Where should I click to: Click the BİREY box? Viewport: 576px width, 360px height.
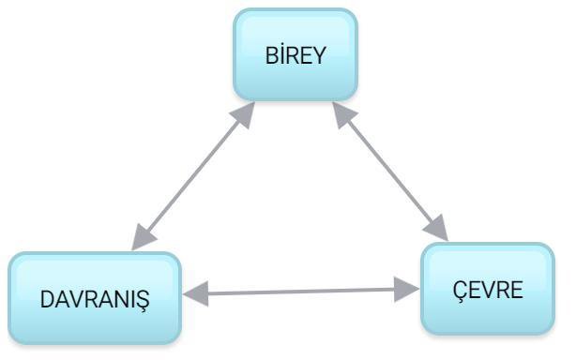[296, 54]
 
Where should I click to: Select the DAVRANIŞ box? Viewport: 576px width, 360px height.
[95, 298]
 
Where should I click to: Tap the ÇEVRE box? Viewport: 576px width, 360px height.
[488, 289]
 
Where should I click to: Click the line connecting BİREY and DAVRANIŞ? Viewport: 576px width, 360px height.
[193, 175]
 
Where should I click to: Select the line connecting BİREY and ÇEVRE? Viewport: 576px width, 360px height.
[390, 172]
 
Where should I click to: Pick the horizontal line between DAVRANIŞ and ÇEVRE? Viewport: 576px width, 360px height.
[301, 292]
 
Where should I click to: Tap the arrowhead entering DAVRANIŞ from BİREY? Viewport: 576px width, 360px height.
[143, 238]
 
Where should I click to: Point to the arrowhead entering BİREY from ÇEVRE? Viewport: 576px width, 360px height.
[343, 114]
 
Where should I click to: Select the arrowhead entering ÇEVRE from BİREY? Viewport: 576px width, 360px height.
[437, 228]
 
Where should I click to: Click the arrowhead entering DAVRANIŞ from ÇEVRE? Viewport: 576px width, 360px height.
[196, 293]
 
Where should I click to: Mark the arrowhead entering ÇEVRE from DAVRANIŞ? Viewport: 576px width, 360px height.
[407, 290]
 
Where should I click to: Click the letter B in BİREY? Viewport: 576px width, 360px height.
[272, 55]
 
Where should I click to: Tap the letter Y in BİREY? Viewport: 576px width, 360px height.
[319, 55]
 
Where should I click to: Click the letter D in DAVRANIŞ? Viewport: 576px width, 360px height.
[48, 299]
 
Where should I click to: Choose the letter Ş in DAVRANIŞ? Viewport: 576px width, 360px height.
[143, 301]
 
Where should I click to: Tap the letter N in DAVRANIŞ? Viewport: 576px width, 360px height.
[122, 299]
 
